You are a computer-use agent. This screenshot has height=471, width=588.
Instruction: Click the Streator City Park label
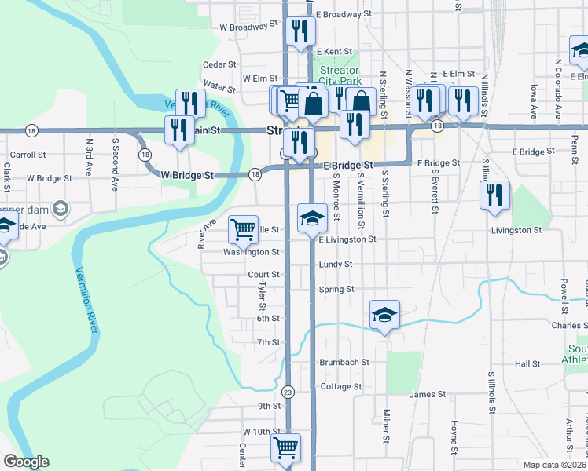340,75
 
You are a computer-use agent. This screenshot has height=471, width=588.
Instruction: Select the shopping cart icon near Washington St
243,229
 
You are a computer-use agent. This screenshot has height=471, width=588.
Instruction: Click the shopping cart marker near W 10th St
285,447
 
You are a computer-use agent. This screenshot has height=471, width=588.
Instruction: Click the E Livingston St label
347,239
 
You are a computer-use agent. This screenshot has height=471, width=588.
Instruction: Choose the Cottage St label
341,386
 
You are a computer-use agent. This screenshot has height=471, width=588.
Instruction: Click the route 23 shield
288,392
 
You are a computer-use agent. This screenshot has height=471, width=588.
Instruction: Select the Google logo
26,462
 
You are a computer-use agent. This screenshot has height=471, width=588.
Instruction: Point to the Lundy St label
336,265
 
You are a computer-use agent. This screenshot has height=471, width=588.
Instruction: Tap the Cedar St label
219,64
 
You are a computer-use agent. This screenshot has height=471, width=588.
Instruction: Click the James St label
428,394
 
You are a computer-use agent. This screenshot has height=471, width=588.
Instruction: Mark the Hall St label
527,364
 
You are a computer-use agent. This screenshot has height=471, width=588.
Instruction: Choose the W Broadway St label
249,26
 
